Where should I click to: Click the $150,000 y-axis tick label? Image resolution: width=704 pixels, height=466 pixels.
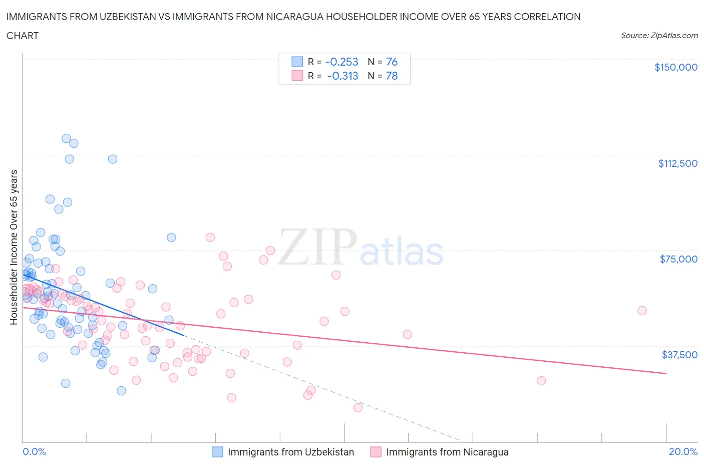click(x=675, y=67)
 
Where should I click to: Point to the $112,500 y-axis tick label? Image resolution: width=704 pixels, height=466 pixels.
click(x=677, y=163)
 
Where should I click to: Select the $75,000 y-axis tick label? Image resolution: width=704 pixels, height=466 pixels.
click(x=678, y=259)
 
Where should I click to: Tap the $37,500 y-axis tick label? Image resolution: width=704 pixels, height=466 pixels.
click(x=679, y=355)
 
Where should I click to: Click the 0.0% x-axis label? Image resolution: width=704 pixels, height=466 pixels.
click(x=34, y=451)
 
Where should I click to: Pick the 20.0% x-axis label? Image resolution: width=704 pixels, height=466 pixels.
click(x=683, y=451)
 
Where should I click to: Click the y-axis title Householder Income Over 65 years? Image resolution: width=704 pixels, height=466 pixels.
click(x=14, y=247)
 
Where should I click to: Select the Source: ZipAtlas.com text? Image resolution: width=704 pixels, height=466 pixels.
click(x=659, y=36)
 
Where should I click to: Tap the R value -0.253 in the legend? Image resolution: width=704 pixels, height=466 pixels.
click(x=341, y=62)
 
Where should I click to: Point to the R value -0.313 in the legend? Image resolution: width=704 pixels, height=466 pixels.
click(x=342, y=76)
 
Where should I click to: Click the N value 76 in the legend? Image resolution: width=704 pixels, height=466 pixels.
click(x=392, y=62)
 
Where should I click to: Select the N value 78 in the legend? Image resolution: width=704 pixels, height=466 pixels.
click(x=392, y=76)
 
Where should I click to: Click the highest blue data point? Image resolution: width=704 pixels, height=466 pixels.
click(x=66, y=138)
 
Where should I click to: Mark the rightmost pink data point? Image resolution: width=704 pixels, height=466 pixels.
click(x=642, y=311)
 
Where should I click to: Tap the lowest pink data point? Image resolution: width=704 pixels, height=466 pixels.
click(x=358, y=408)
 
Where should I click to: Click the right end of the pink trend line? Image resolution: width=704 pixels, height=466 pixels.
click(x=666, y=373)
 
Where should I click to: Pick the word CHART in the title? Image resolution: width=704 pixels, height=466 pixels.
click(x=23, y=36)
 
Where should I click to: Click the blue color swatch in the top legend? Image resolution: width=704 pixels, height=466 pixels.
click(x=297, y=62)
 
